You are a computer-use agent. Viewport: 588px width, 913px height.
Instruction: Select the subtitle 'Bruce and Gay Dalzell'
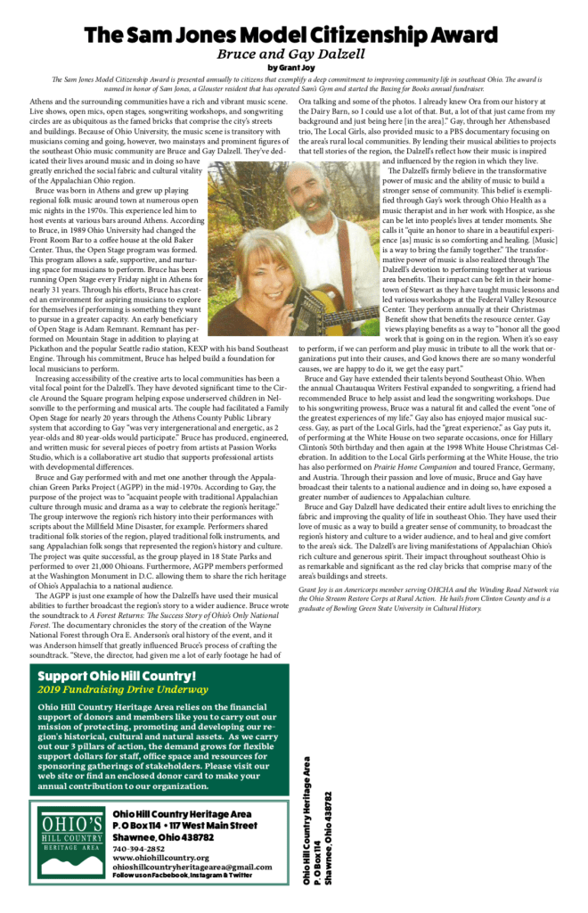[293, 53]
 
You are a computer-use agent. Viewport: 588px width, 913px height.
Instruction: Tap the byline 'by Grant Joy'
[293, 68]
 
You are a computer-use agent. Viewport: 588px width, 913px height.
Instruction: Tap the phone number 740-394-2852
[138, 849]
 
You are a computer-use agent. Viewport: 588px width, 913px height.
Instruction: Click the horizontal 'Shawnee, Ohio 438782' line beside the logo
[163, 838]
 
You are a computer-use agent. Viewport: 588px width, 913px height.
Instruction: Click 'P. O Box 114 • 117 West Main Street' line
[183, 826]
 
